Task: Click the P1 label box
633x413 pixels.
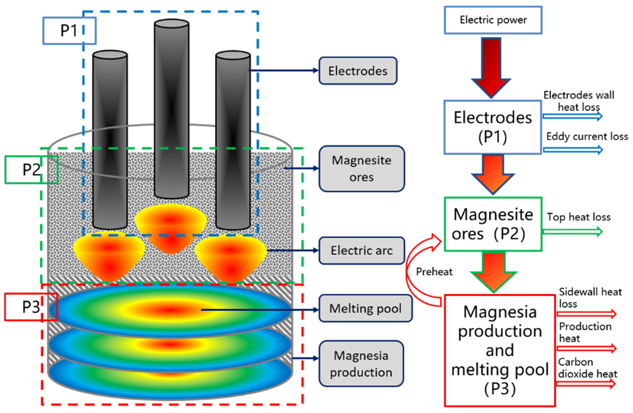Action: tap(69, 31)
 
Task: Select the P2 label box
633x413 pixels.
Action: tap(31, 170)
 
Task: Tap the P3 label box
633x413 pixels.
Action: tap(31, 307)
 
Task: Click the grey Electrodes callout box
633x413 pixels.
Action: tap(358, 71)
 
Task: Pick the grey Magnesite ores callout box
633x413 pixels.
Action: tap(361, 169)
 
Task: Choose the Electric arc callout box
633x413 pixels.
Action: tap(361, 251)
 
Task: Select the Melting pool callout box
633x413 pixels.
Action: tap(365, 308)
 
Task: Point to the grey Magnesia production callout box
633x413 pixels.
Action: tap(361, 364)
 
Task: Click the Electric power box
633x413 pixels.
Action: tap(493, 20)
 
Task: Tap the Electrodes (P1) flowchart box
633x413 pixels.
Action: tap(493, 127)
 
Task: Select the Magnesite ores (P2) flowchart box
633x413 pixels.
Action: tap(493, 224)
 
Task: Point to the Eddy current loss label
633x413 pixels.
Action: tap(587, 137)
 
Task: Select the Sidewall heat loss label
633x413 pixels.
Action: tap(590, 298)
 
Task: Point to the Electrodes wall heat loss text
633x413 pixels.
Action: tap(579, 101)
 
